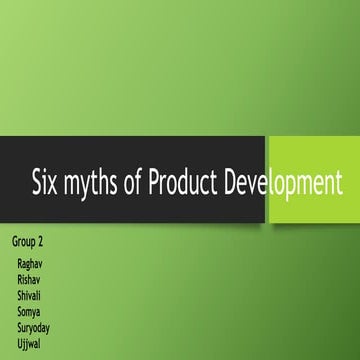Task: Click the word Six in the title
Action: coord(47,184)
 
